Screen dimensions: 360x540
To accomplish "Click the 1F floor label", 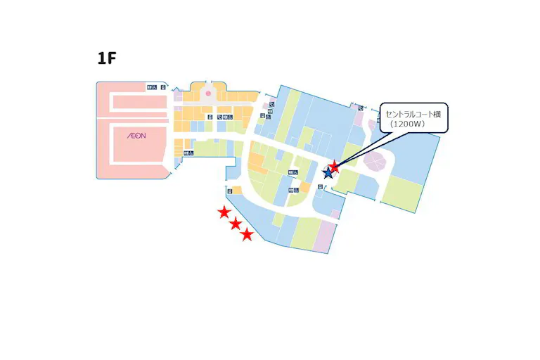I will coord(107,58).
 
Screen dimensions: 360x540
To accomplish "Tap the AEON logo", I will coord(136,135).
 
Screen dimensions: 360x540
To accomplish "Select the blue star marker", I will coord(328,173).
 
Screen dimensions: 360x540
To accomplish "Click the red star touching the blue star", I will coord(335,167).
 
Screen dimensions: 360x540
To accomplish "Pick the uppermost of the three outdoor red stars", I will coord(224,212).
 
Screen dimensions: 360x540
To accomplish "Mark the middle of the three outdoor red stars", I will coord(236,224).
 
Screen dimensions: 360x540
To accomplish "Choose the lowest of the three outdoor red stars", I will coord(247,235).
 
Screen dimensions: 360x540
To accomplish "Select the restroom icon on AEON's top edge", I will coord(151,87).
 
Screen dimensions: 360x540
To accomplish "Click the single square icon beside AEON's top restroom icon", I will coord(162,87).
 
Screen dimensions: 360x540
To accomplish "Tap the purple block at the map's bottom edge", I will coord(326,237).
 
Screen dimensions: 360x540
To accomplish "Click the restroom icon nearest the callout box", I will coord(360,108).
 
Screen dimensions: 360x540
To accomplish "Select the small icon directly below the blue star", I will coord(322,187).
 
